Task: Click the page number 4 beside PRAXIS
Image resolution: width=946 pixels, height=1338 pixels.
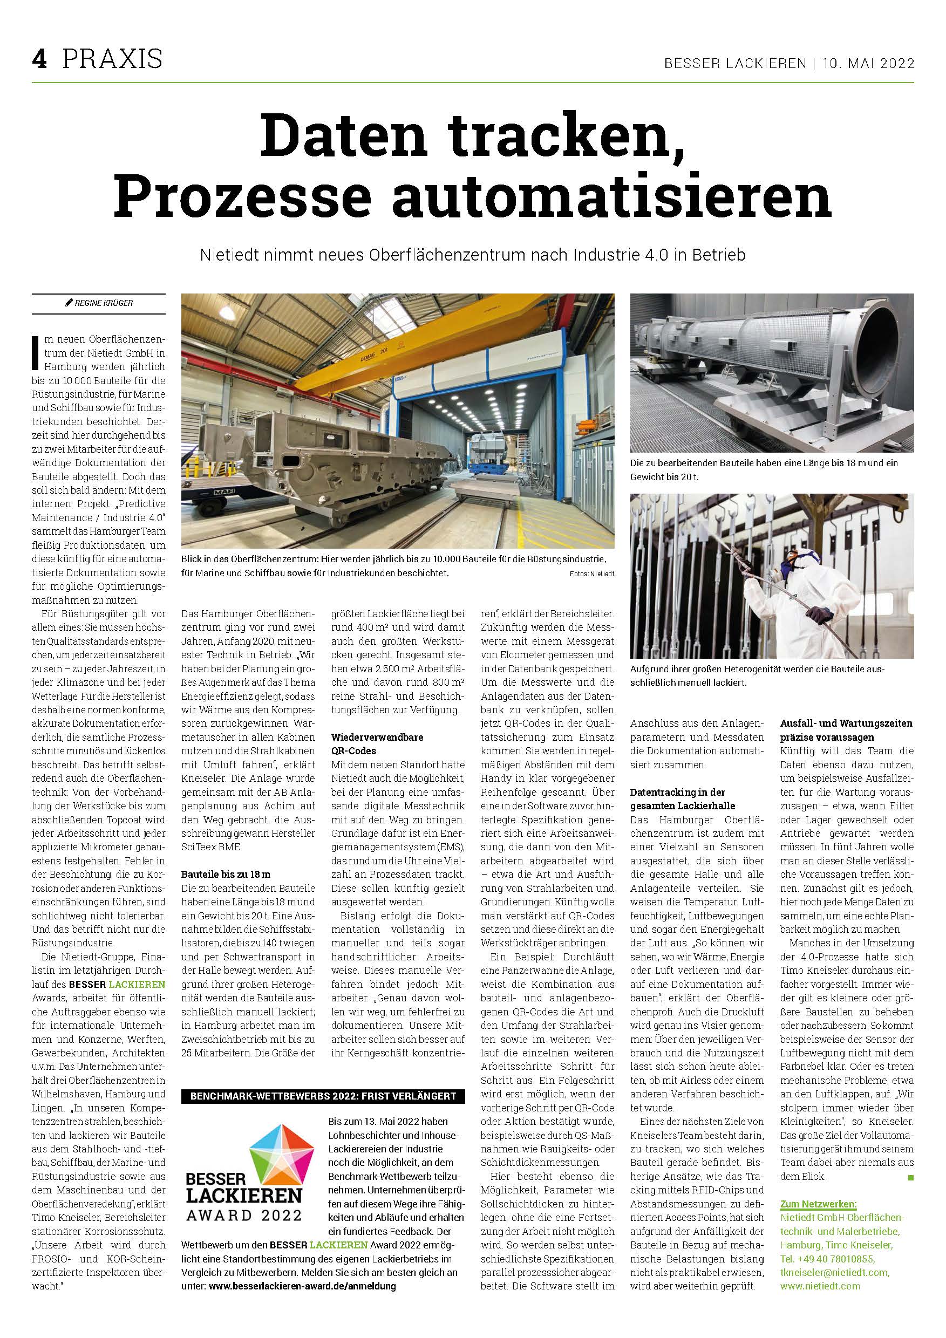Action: [x=39, y=59]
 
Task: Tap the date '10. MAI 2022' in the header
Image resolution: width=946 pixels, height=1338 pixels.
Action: [x=868, y=64]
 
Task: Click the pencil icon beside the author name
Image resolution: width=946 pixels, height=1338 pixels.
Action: [x=69, y=303]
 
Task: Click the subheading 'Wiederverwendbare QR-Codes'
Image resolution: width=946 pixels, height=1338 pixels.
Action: [x=377, y=743]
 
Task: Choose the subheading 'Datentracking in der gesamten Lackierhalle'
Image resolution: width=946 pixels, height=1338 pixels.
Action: [x=683, y=798]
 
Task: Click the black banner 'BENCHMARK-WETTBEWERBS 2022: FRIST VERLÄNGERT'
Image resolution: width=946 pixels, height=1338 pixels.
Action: [x=323, y=1096]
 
